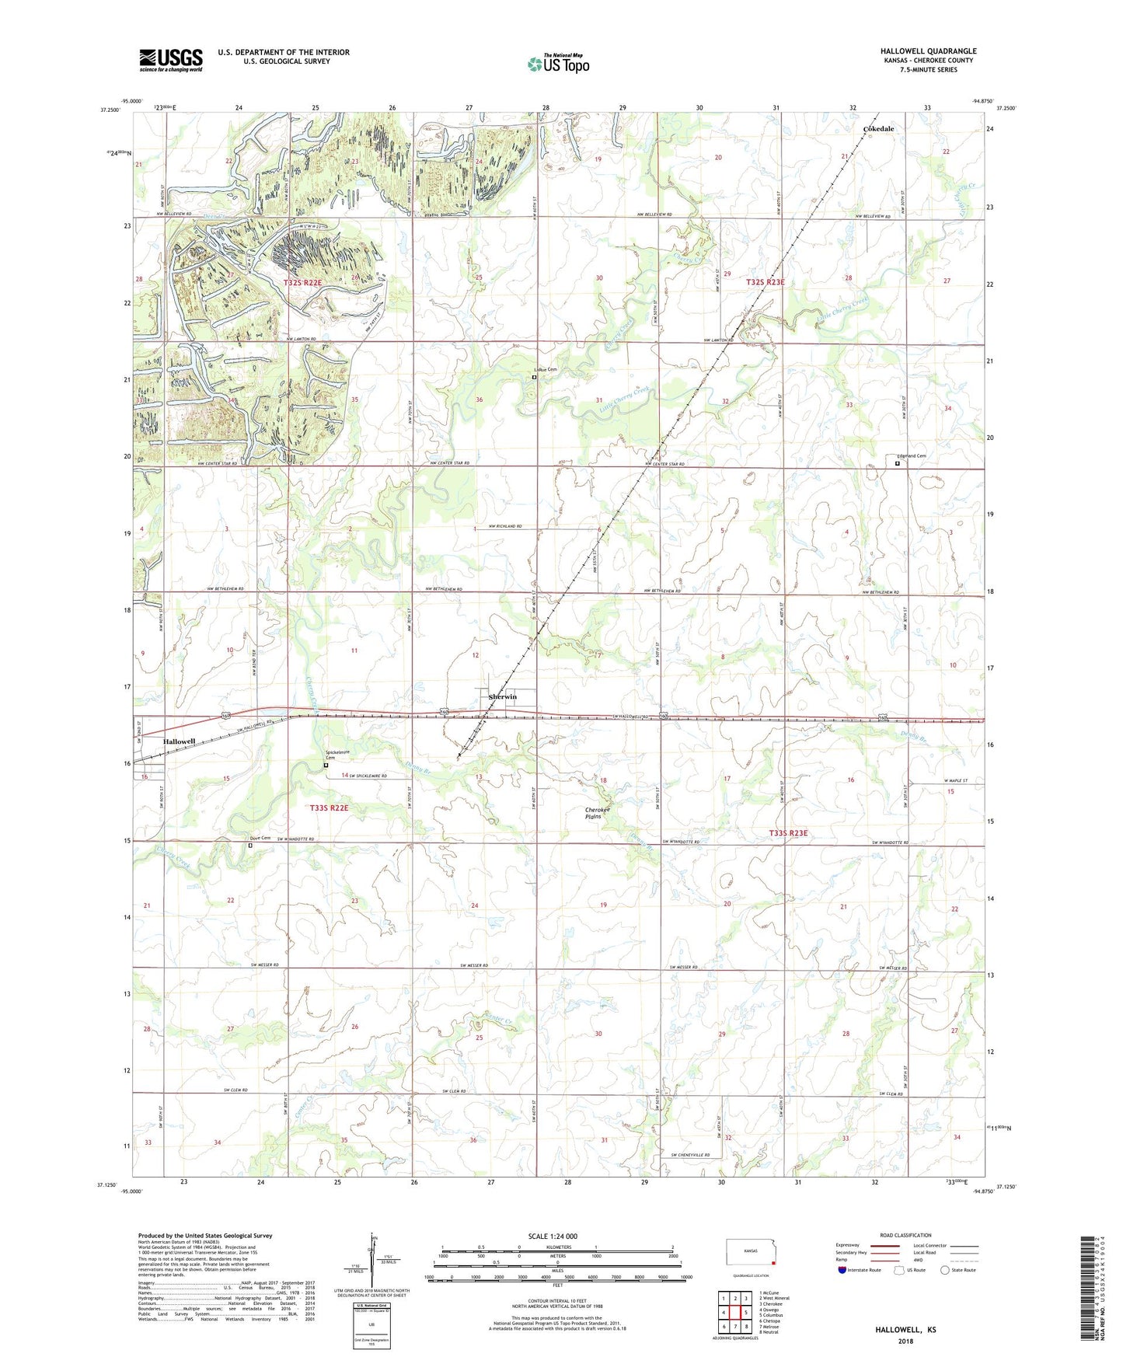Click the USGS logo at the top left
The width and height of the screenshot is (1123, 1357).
(171, 59)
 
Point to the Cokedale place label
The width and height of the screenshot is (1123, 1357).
(878, 129)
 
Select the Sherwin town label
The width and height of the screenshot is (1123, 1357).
(502, 697)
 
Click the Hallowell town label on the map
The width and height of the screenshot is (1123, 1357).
(179, 742)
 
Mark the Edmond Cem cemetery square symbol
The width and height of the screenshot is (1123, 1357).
(897, 464)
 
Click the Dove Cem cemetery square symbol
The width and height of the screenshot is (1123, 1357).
(250, 846)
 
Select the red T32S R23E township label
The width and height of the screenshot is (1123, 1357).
(765, 282)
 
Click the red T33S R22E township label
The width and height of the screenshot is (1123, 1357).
(329, 808)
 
